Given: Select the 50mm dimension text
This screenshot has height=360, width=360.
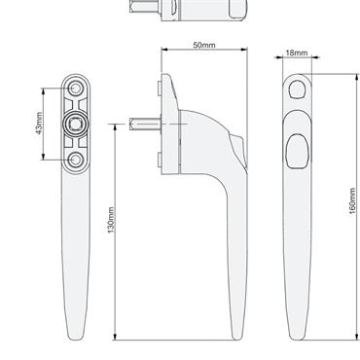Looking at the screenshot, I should (x=204, y=46).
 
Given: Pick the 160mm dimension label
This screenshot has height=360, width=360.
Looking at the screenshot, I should (x=351, y=201).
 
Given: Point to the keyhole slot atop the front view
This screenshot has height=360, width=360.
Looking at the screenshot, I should (x=298, y=90).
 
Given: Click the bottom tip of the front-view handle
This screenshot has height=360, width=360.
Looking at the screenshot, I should (x=299, y=336).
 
